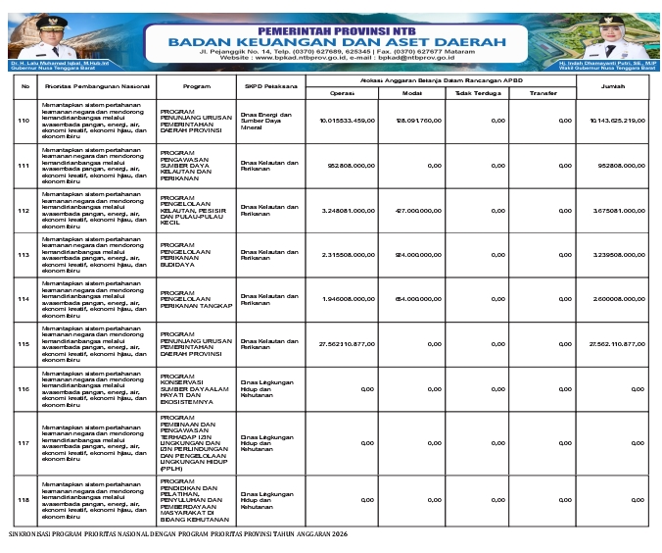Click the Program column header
[x=197, y=86]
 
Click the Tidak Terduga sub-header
[x=477, y=93]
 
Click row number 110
[x=24, y=121]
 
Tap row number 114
[x=24, y=299]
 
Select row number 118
[x=24, y=501]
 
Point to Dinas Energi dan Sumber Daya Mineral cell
[x=265, y=121]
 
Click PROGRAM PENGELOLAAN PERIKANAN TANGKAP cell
[x=196, y=299]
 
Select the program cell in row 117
[x=196, y=442]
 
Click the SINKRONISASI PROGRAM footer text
[x=177, y=534]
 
